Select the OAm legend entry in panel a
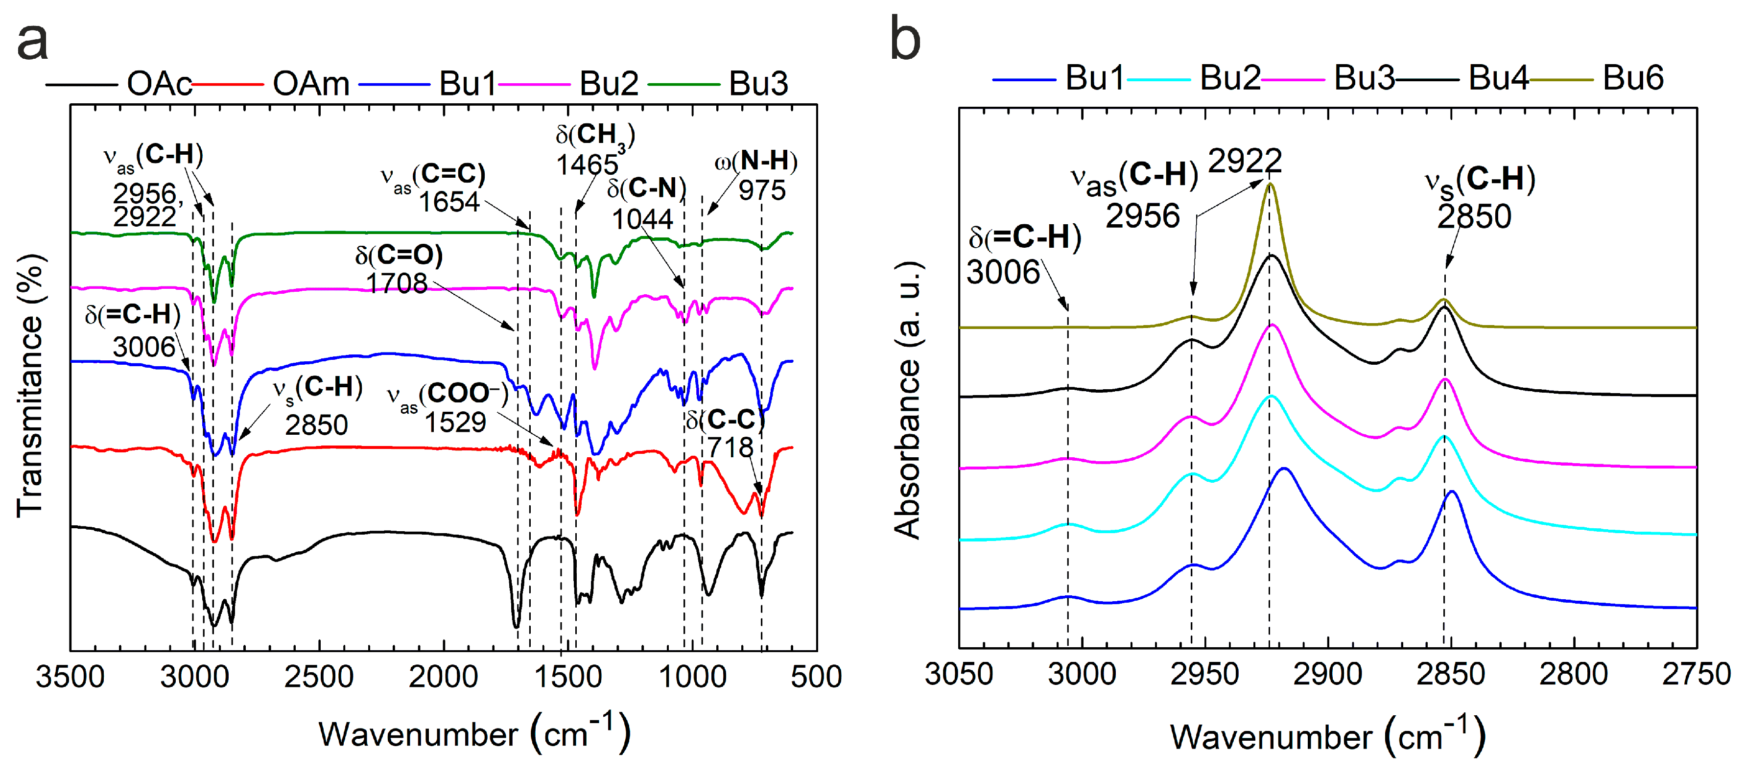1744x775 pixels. click(x=311, y=84)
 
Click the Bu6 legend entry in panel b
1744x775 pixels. click(x=1632, y=78)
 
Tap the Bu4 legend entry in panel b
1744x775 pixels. click(x=1498, y=78)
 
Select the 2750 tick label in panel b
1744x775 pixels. click(x=1696, y=674)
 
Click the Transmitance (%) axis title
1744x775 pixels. click(x=30, y=386)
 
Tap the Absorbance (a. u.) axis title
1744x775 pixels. click(x=907, y=399)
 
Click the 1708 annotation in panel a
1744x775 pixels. click(x=397, y=283)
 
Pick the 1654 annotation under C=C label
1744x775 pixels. click(x=449, y=202)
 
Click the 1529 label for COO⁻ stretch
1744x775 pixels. click(x=455, y=423)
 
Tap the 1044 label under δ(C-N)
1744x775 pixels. click(x=642, y=219)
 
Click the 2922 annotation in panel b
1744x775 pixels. click(x=1245, y=161)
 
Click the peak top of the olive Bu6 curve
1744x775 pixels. click(x=1270, y=184)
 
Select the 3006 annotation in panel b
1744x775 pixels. click(x=1003, y=272)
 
